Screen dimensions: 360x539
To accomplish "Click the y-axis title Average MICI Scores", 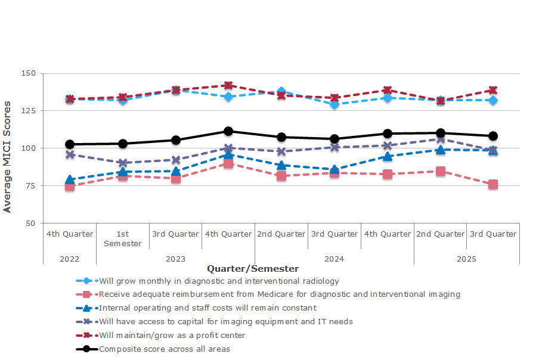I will click(7, 157).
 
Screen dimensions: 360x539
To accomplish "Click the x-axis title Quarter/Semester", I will click(253, 269).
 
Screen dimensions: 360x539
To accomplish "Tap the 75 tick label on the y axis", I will click(31, 185).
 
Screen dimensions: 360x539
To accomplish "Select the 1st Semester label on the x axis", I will click(122, 238).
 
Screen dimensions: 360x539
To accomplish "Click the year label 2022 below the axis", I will click(69, 259).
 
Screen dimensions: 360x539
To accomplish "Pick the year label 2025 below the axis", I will click(466, 259).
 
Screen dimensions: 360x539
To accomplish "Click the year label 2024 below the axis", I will click(334, 259).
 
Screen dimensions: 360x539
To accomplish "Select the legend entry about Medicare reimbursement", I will click(279, 294).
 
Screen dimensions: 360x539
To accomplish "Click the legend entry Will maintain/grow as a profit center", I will click(172, 335).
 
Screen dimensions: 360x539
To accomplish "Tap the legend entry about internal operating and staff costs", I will click(207, 308).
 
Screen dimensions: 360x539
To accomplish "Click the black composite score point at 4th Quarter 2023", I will click(228, 131).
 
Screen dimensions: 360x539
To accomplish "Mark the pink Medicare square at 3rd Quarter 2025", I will click(493, 185).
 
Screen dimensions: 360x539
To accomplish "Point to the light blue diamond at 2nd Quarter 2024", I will click(281, 92).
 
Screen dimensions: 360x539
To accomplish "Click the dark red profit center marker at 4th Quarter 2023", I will click(228, 86).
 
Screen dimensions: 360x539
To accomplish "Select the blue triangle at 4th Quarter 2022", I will click(70, 179).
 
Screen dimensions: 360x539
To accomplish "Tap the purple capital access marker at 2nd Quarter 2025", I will click(440, 139).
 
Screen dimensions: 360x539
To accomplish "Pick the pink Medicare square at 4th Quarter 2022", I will click(70, 187).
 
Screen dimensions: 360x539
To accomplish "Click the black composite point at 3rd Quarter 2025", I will click(493, 136).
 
